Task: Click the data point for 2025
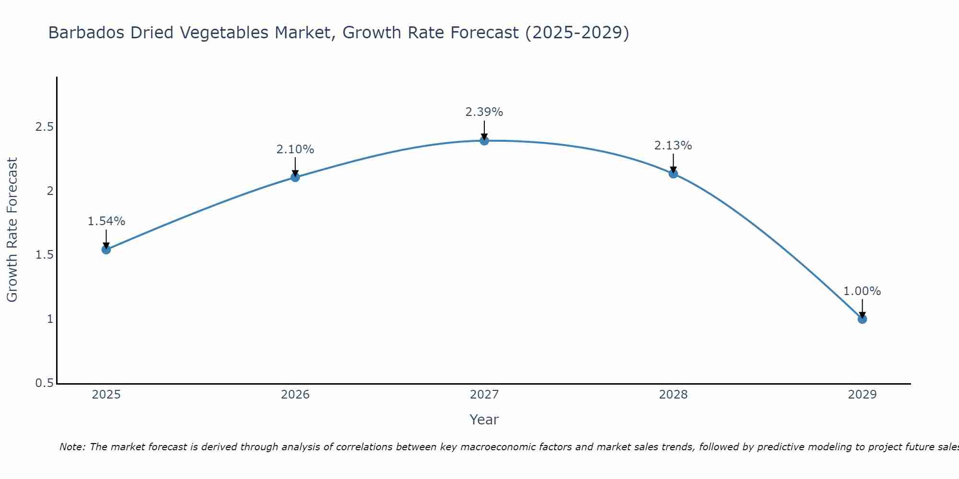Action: pyautogui.click(x=106, y=250)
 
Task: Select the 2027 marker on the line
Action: pyautogui.click(x=484, y=140)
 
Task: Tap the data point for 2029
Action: pyautogui.click(x=862, y=319)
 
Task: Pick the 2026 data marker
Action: pyautogui.click(x=295, y=177)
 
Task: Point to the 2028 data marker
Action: pyautogui.click(x=673, y=173)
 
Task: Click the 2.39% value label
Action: pyautogui.click(x=484, y=112)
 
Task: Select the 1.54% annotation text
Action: pyautogui.click(x=106, y=221)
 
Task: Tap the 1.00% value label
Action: pyautogui.click(x=862, y=291)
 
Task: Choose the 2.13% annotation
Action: pyautogui.click(x=673, y=146)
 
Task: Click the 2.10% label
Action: pyautogui.click(x=295, y=149)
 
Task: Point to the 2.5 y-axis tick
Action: pyautogui.click(x=44, y=127)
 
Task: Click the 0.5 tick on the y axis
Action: pyautogui.click(x=44, y=383)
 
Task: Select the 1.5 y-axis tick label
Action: pyautogui.click(x=44, y=255)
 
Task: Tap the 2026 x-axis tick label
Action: pyautogui.click(x=295, y=395)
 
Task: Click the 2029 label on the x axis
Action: pyautogui.click(x=862, y=395)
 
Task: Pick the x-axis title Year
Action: pyautogui.click(x=484, y=420)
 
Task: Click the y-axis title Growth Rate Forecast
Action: pyautogui.click(x=12, y=230)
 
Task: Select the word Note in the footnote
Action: pyautogui.click(x=71, y=447)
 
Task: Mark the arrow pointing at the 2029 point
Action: pyautogui.click(x=862, y=308)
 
